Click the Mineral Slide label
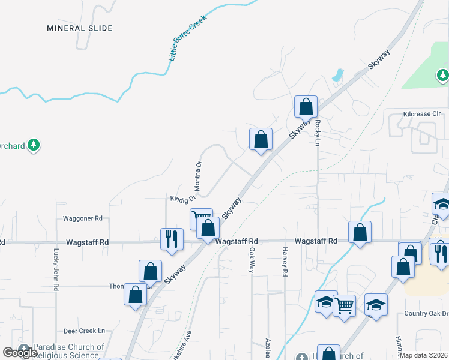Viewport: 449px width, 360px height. pyautogui.click(x=80, y=28)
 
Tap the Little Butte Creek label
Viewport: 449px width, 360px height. pyautogui.click(x=187, y=38)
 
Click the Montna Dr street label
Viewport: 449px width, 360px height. pyautogui.click(x=199, y=175)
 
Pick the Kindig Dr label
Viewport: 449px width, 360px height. pyautogui.click(x=183, y=198)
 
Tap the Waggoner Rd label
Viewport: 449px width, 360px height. pyautogui.click(x=82, y=218)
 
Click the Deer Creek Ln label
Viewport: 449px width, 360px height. pyautogui.click(x=84, y=331)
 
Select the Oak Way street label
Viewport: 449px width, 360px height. pyautogui.click(x=252, y=260)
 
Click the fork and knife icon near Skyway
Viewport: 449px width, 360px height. pyautogui.click(x=171, y=238)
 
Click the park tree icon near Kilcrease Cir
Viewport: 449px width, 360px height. pyautogui.click(x=442, y=75)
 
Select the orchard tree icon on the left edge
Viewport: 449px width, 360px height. pyautogui.click(x=34, y=145)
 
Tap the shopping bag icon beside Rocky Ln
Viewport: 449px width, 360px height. pyautogui.click(x=306, y=107)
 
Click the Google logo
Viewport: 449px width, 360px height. pyautogui.click(x=20, y=353)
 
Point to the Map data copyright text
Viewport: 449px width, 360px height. pyautogui.click(x=424, y=355)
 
